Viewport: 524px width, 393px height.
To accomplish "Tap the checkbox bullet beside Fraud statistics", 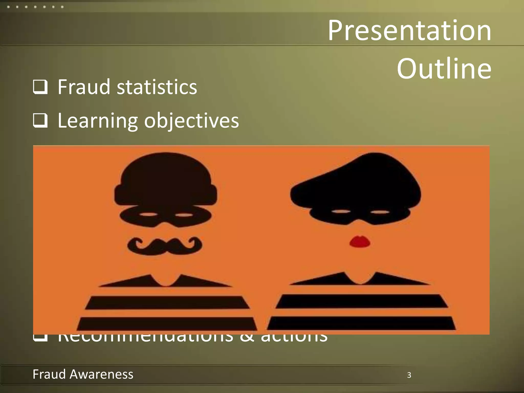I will coord(40,87).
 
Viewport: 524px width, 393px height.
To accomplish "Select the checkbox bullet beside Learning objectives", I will coord(40,121).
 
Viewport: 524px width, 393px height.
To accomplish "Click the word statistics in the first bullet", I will coord(157,87).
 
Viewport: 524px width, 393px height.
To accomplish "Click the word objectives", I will coord(191,121).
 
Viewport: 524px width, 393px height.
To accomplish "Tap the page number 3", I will coord(409,375).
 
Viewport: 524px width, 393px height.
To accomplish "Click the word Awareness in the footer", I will coord(101,374).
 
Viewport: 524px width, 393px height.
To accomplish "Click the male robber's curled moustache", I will coord(165,246).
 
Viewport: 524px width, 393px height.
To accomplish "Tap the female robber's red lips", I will coord(359,242).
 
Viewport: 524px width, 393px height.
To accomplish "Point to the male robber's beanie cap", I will coord(166,179).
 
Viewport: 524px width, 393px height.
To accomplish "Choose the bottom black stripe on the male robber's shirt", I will coord(167,324).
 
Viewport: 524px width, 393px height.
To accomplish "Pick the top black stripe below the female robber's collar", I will coord(361,301).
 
